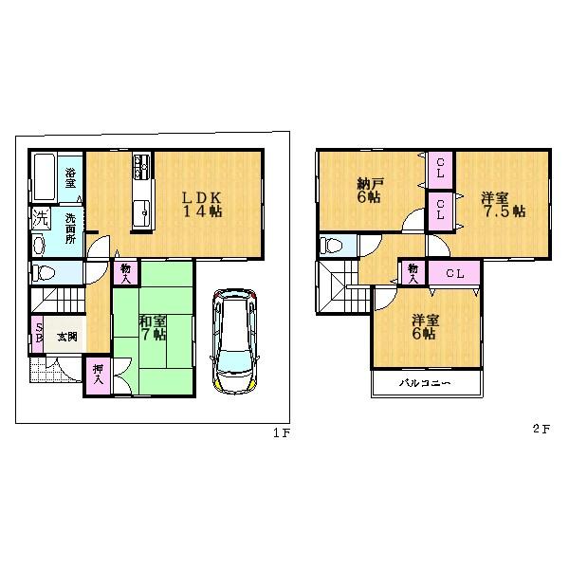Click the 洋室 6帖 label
point(423,327)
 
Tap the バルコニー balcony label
point(423,383)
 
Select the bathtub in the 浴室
point(44,175)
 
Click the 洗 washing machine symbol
point(40,217)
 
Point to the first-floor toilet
point(44,273)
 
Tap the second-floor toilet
point(333,246)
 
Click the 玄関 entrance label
point(65,337)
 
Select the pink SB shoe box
point(39,337)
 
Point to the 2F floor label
point(541,428)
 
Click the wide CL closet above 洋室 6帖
point(454,274)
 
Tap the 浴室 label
point(71,174)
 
